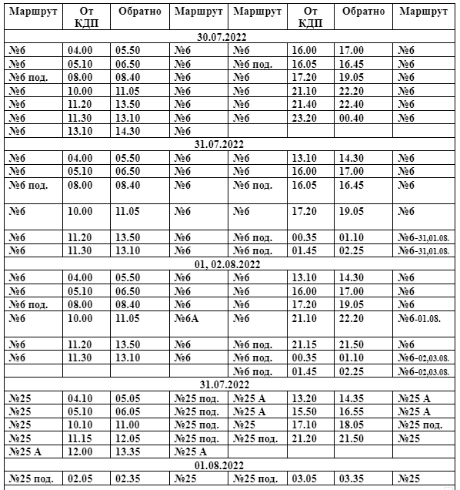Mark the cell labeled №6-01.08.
point(421,317)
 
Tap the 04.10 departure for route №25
point(80,398)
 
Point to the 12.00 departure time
point(80,451)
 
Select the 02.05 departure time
point(80,478)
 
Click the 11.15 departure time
point(80,438)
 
